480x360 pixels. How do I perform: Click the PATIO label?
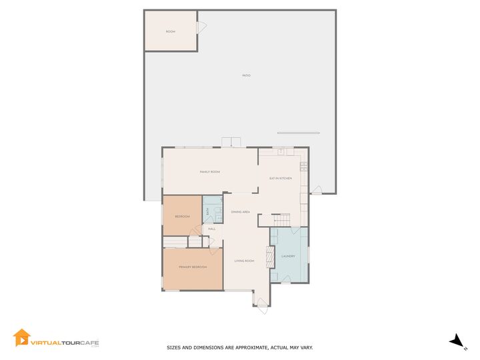point(247,75)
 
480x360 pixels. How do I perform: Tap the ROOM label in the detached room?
point(171,31)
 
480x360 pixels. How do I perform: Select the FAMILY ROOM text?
point(210,172)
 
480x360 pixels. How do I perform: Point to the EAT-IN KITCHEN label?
point(281,178)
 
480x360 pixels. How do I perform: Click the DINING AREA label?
point(241,212)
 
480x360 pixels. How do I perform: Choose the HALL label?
point(212,229)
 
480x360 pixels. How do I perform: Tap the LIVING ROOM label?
point(244,261)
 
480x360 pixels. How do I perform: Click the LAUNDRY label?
point(288,256)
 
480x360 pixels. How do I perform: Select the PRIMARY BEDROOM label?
point(193,267)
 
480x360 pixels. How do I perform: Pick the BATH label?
point(207,211)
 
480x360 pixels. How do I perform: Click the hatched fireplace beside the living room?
point(270,257)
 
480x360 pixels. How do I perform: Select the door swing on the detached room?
point(201,27)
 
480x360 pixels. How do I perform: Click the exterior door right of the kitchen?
point(316,190)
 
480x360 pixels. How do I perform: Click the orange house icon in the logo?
point(21,338)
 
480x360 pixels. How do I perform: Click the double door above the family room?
point(232,142)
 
